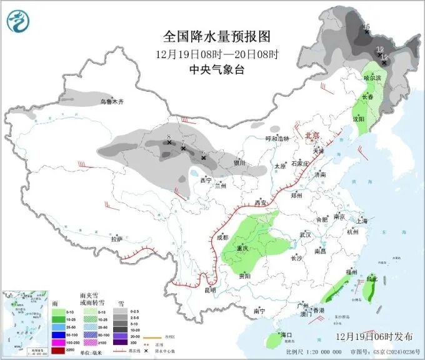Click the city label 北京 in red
point(312,135)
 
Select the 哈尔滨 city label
point(372,78)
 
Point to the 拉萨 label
point(117,239)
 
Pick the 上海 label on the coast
point(359,221)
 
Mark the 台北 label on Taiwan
point(372,278)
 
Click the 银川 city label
point(239,163)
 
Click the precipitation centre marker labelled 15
point(366,29)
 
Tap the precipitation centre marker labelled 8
point(169,142)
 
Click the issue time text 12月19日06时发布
point(376,336)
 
